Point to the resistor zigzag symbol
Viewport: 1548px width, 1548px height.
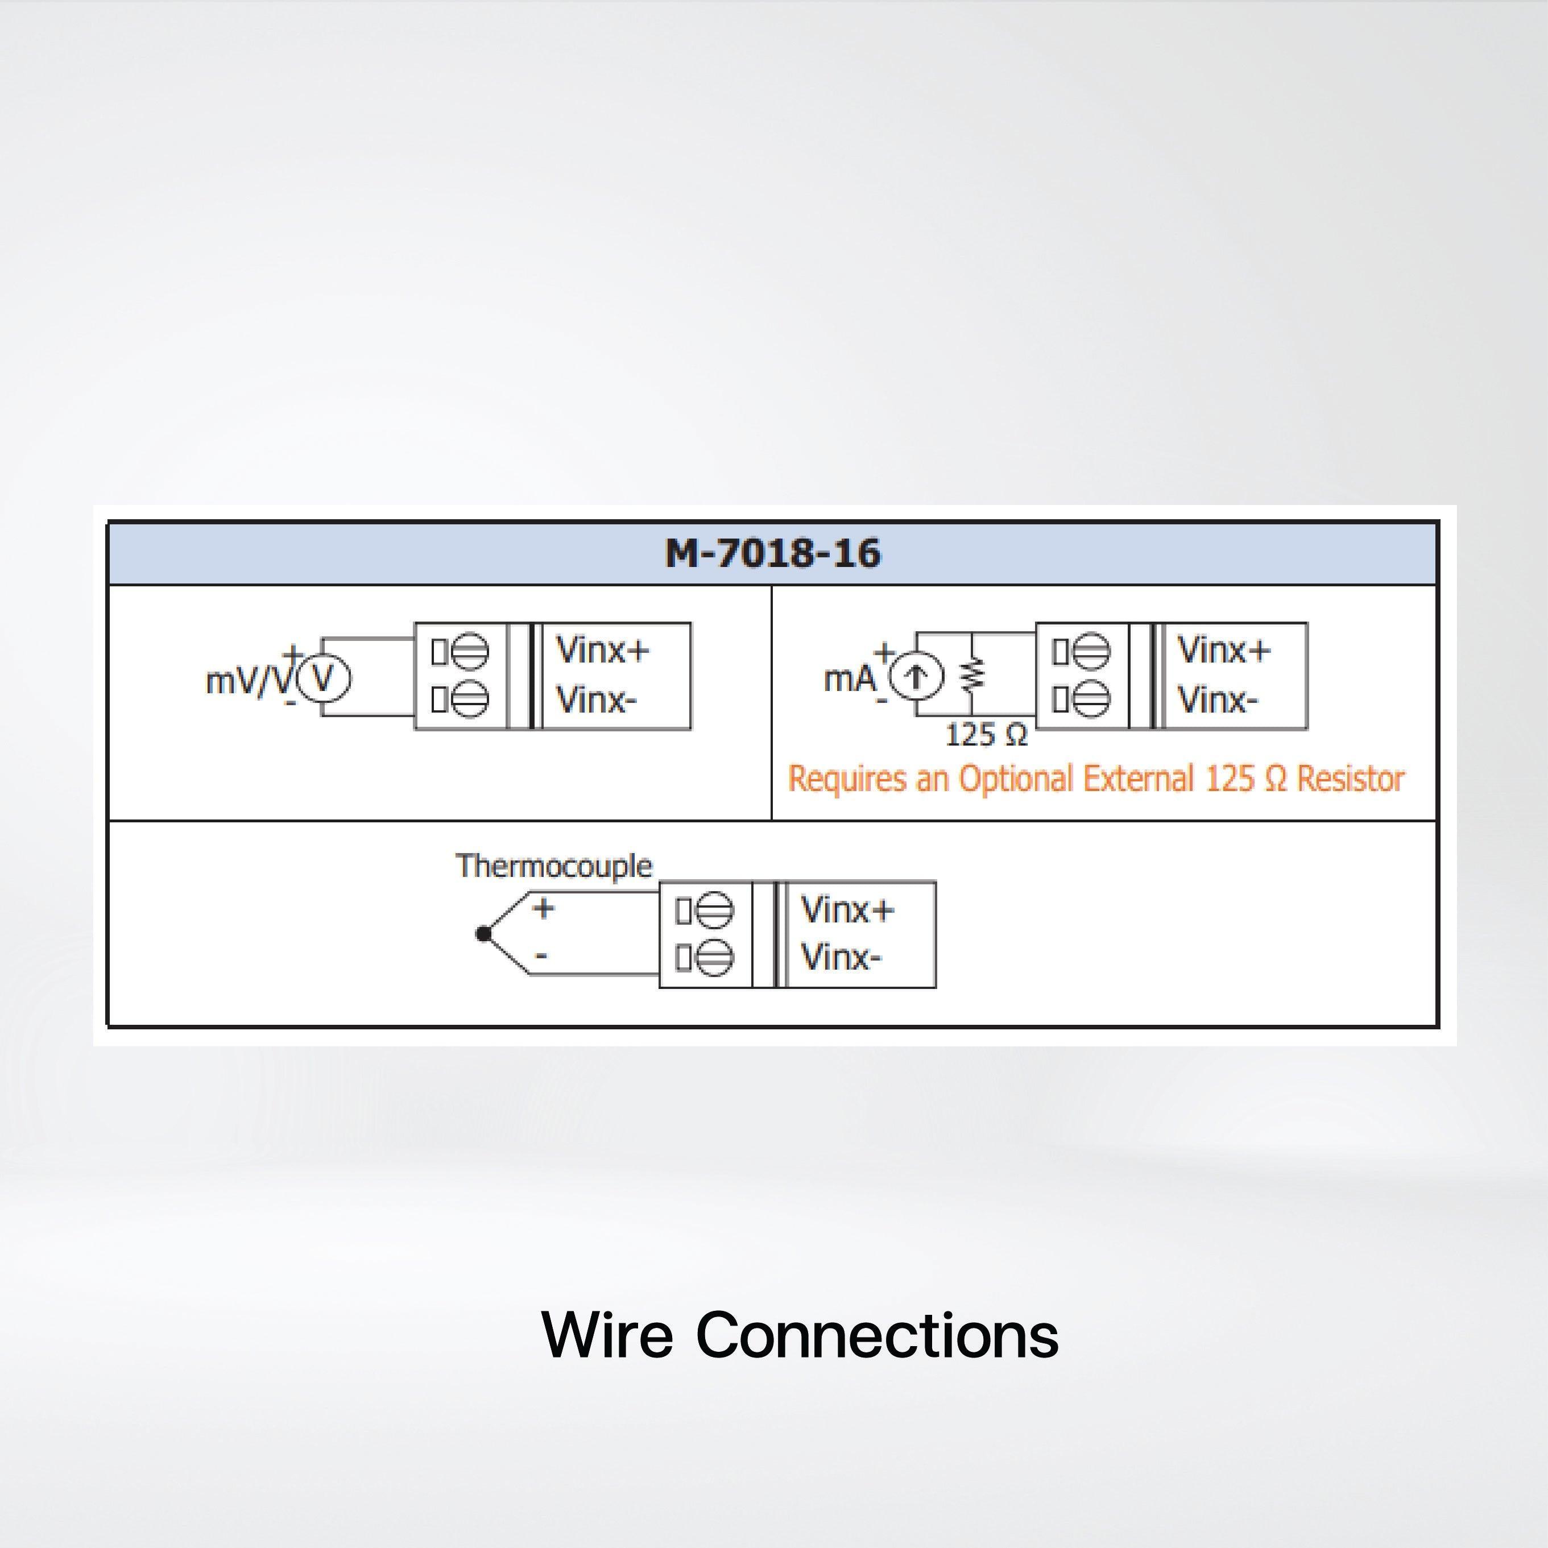pos(972,676)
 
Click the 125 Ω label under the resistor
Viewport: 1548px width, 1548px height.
pos(986,735)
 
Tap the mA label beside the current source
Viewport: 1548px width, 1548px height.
pos(849,678)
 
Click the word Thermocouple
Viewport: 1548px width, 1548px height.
pos(554,866)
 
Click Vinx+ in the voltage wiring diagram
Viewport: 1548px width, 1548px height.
pos(602,650)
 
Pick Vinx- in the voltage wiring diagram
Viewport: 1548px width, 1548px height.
pos(596,700)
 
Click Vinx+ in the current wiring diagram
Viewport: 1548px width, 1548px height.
pos(1223,650)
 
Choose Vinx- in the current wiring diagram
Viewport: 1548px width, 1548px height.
pos(1217,700)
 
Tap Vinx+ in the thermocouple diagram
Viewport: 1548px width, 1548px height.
pos(847,909)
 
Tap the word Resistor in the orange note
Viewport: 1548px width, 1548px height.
pos(1350,779)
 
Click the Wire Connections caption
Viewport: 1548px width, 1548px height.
pos(800,1335)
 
